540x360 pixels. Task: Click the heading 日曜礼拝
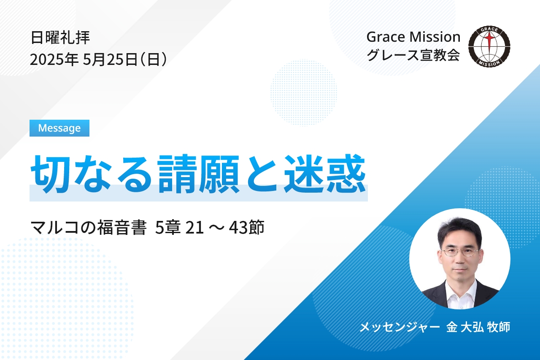60,38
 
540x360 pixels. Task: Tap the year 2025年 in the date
54,59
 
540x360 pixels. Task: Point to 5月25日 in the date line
110,59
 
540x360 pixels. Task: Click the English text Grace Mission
413,37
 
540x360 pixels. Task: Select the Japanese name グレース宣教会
413,55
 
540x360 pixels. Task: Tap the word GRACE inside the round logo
489,30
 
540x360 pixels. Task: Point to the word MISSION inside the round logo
489,63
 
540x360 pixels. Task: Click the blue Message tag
59,128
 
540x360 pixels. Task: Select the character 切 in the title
48,174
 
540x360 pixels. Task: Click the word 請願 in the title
198,174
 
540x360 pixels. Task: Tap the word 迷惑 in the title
325,174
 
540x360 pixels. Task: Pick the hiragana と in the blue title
262,174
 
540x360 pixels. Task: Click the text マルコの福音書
89,227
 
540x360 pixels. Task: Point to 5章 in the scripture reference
167,227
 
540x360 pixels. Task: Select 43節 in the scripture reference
246,227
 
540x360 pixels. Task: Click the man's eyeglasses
460,252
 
